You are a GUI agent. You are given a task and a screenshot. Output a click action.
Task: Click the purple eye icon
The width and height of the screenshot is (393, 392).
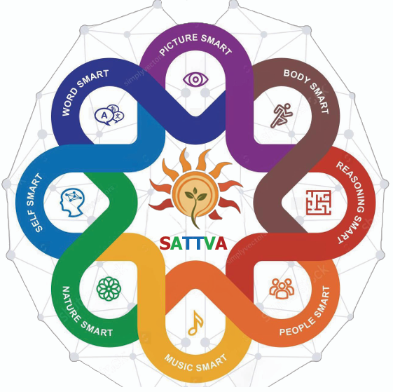[x=195, y=79]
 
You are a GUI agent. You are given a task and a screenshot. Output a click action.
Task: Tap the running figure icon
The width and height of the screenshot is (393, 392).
[x=282, y=116]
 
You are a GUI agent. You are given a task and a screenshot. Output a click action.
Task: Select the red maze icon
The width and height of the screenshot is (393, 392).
[x=319, y=202]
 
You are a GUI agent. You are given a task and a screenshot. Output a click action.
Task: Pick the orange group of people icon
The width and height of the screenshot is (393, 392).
[x=282, y=288]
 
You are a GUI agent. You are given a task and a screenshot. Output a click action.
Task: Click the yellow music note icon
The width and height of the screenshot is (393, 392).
[x=195, y=323]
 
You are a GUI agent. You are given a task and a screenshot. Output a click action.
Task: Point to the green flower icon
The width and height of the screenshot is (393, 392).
[x=109, y=289]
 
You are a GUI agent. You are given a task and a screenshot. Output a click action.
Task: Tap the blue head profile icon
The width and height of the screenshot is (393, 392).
[x=72, y=203]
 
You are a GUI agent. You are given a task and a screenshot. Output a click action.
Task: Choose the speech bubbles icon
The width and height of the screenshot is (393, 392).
[x=109, y=115]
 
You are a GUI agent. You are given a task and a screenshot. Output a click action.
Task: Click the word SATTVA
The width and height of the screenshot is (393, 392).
[x=193, y=243]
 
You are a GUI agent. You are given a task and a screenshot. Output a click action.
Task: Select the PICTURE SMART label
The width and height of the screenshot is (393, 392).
[x=195, y=44]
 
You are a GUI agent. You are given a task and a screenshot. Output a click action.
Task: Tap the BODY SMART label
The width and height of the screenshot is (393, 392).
[x=306, y=91]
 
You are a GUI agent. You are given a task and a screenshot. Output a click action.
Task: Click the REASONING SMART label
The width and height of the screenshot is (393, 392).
[x=351, y=202]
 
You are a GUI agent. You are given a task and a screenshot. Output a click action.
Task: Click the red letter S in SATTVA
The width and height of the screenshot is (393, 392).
[x=165, y=243]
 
